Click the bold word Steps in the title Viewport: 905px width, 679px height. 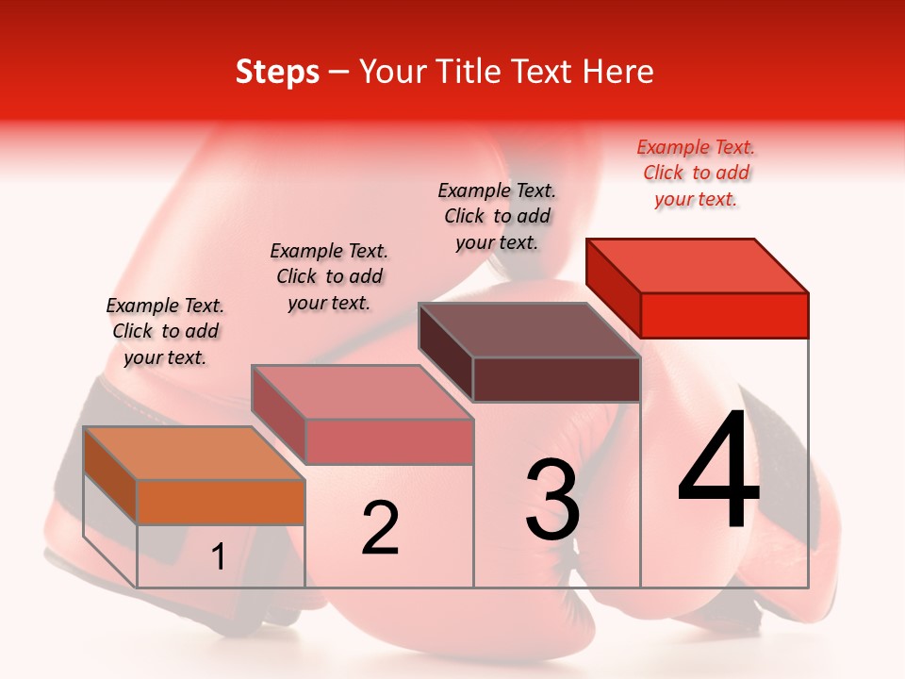[277, 72]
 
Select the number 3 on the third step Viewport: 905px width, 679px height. [552, 500]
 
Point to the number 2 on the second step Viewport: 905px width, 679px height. [381, 528]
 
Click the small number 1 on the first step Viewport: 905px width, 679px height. [219, 557]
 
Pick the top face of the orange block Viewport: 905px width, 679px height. [194, 453]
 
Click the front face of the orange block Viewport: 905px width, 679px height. [221, 502]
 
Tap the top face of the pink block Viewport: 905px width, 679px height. [362, 391]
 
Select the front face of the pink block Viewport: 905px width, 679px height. [388, 441]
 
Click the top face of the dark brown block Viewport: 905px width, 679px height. [529, 330]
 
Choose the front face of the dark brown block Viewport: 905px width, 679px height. [556, 379]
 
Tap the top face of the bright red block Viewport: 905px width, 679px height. [698, 265]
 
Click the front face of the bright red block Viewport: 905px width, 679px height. [724, 315]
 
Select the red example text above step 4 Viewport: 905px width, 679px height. [696, 173]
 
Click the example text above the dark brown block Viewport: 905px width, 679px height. [497, 216]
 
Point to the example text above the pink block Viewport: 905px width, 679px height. [329, 276]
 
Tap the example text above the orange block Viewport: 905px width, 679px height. [165, 331]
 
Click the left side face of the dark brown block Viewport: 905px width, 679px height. [445, 352]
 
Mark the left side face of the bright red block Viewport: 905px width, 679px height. [613, 288]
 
